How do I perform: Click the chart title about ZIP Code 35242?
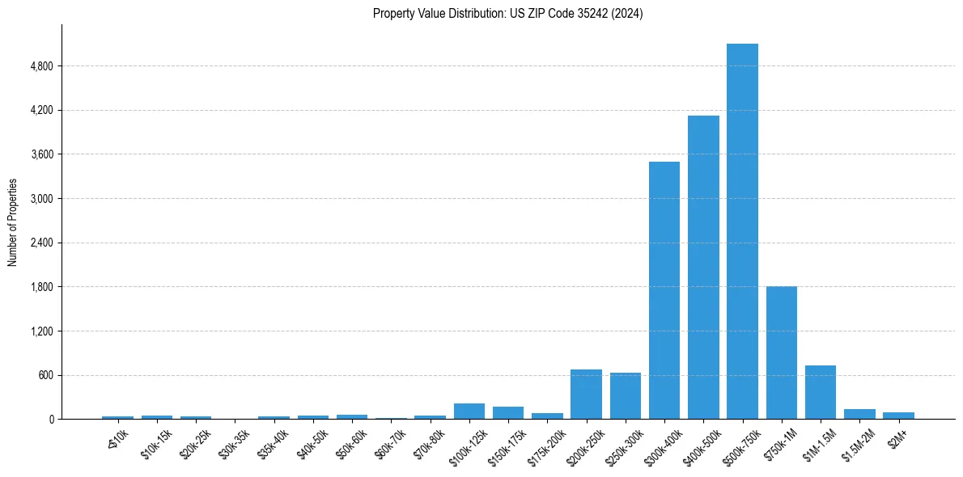coord(507,14)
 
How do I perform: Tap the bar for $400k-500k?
coord(703,267)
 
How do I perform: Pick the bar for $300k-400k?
coord(664,290)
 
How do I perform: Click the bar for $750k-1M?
coord(781,352)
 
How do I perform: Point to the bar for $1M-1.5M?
coord(820,392)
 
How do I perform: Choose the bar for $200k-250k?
coord(587,395)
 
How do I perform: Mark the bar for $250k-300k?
coord(626,396)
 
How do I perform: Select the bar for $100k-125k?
coord(469,411)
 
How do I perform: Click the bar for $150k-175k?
coord(508,412)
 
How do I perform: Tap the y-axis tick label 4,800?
coord(41,66)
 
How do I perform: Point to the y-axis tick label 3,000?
coord(41,199)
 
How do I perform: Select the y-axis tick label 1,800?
coord(41,287)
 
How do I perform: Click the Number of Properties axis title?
coord(13,222)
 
